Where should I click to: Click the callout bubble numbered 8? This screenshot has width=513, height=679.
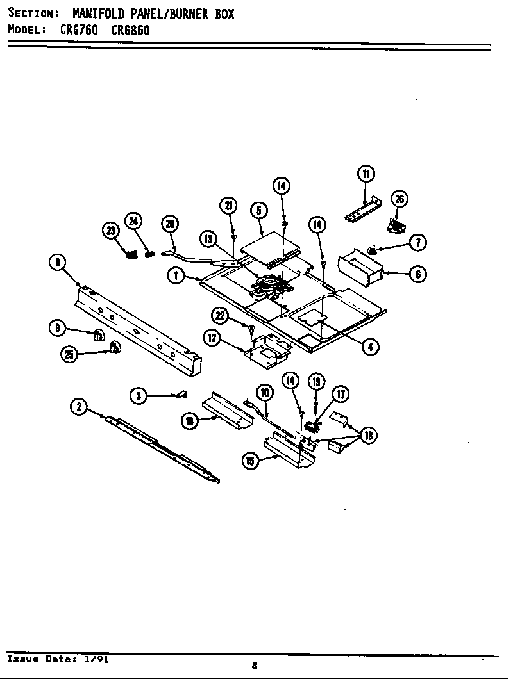tap(58, 262)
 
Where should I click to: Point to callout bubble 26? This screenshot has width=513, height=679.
tap(399, 199)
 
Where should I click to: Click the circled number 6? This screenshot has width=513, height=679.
tap(417, 275)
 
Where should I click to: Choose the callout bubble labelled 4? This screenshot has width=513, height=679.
tap(369, 347)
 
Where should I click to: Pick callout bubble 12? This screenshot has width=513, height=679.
tap(212, 338)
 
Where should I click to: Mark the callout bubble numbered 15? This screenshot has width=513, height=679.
tap(251, 461)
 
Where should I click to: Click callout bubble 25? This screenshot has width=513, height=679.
tap(69, 353)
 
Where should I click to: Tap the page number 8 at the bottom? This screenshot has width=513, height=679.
tap(255, 665)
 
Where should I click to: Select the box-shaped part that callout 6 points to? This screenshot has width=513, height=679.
tap(359, 267)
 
